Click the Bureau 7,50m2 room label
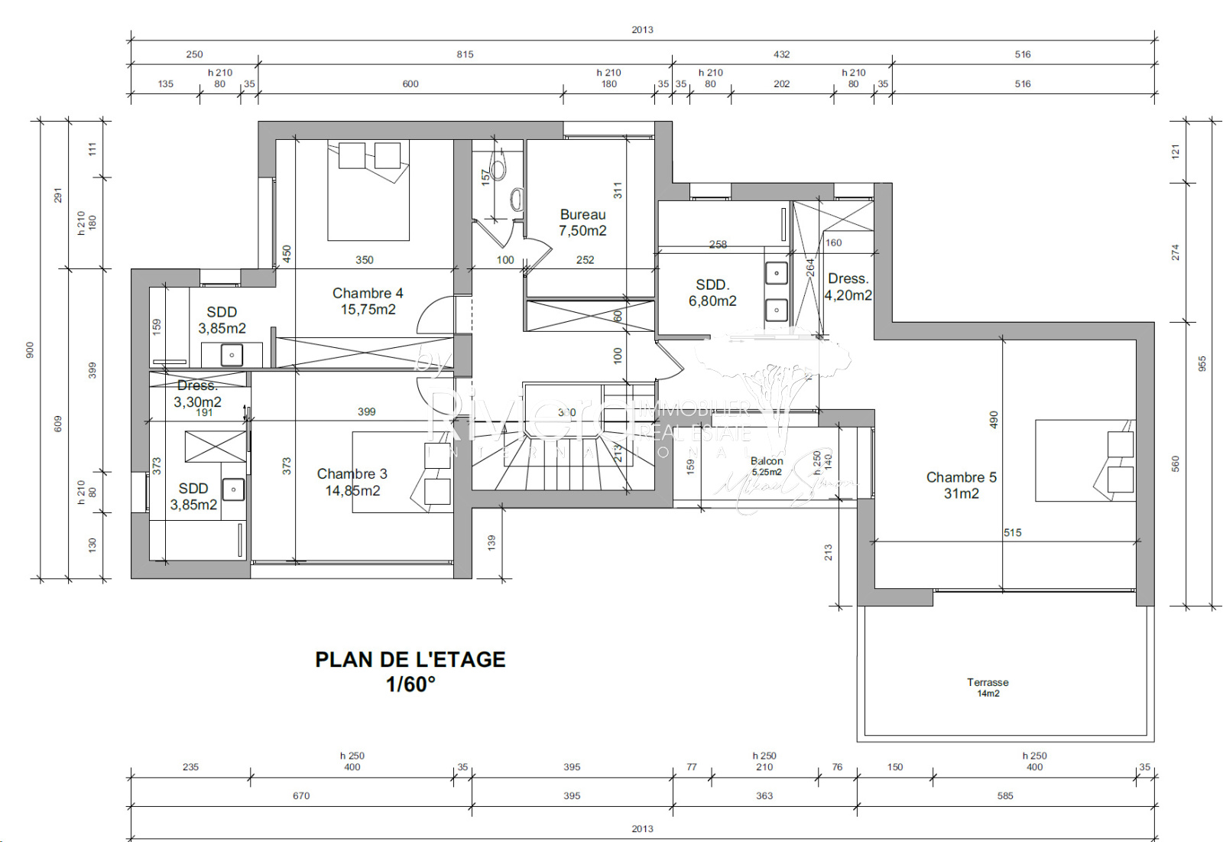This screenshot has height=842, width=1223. pyautogui.click(x=582, y=223)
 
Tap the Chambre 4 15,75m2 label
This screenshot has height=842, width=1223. pyautogui.click(x=368, y=301)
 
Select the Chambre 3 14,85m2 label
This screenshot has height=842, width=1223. pyautogui.click(x=352, y=482)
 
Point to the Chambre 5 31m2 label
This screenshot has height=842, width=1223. pyautogui.click(x=961, y=485)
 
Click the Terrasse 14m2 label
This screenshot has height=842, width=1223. pyautogui.click(x=988, y=687)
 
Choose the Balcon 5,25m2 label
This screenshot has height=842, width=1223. pyautogui.click(x=767, y=466)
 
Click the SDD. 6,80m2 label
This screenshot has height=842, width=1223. pyautogui.click(x=712, y=293)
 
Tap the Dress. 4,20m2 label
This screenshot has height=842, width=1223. pyautogui.click(x=848, y=287)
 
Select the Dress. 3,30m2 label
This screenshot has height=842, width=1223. pyautogui.click(x=197, y=394)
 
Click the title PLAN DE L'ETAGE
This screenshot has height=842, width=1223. pyautogui.click(x=410, y=659)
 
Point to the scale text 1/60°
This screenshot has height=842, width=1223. pyautogui.click(x=410, y=684)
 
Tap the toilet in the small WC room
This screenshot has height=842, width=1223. pyautogui.click(x=498, y=170)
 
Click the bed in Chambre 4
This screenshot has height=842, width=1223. pyautogui.click(x=368, y=191)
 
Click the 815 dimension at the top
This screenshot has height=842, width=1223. pyautogui.click(x=465, y=54)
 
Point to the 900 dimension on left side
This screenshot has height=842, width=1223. pyautogui.click(x=30, y=349)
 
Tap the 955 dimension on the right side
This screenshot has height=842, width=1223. pyautogui.click(x=1202, y=363)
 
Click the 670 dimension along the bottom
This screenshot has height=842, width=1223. pyautogui.click(x=301, y=795)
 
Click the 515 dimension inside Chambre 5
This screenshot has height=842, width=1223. pyautogui.click(x=1012, y=532)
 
